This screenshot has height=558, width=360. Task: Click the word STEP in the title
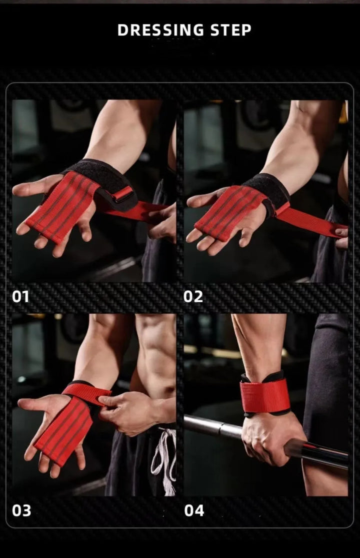point(230,30)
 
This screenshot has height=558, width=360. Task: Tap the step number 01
point(20,296)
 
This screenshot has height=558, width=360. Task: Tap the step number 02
point(192,296)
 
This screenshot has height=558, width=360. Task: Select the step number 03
point(21,510)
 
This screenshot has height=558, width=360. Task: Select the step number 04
point(194,510)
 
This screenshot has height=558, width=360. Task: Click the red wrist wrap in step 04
point(265,395)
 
